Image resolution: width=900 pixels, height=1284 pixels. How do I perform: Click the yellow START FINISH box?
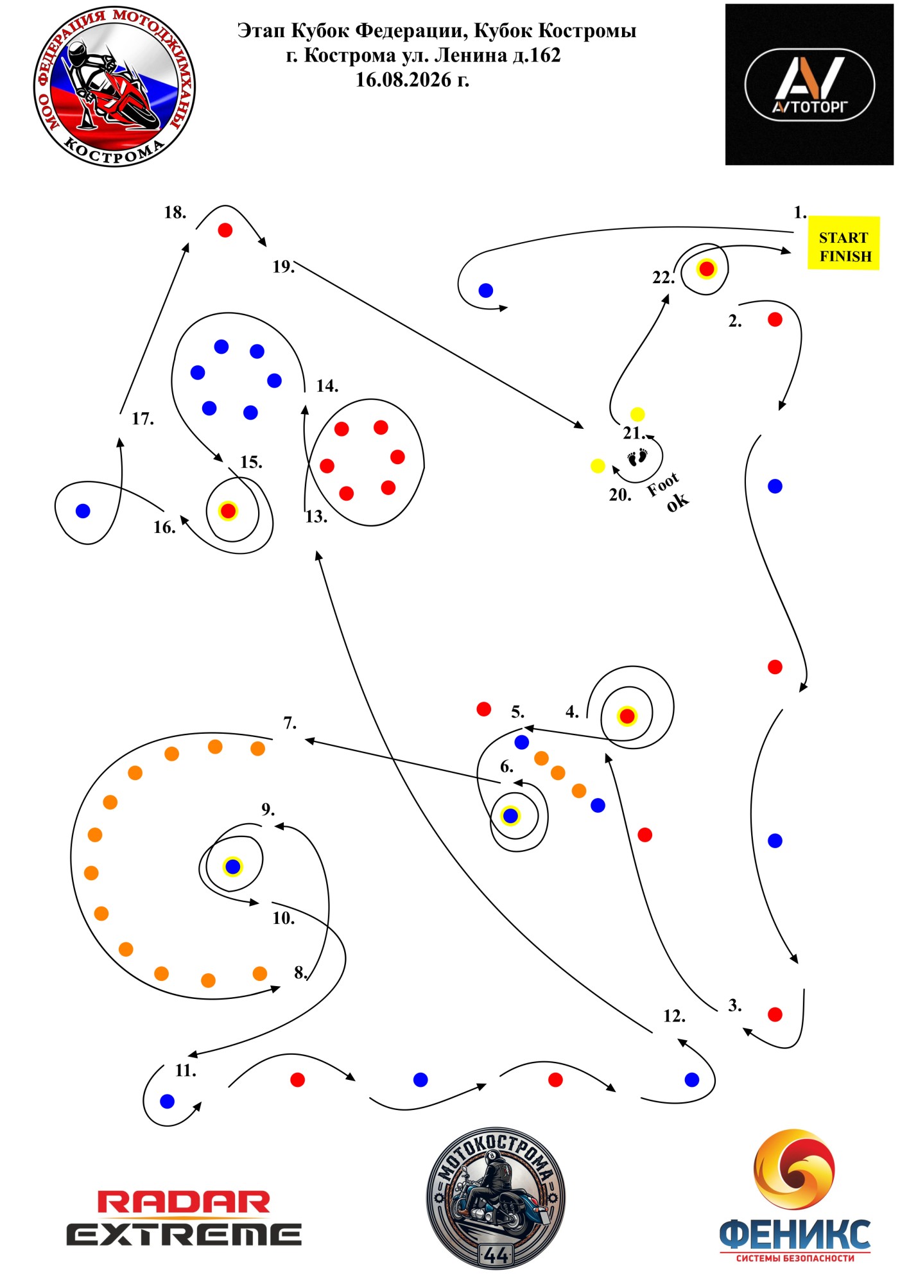tap(843, 243)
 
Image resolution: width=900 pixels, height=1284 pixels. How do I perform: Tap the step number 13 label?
tap(316, 517)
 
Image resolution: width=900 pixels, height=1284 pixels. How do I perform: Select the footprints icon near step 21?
tap(637, 457)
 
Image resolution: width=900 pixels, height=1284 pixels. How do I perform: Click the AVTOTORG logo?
tap(809, 84)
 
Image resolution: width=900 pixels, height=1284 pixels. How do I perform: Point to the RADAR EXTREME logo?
tap(184, 1218)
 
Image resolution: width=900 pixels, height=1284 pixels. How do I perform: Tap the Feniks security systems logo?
tap(795, 1195)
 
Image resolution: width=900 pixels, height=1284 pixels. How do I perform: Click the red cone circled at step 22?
tap(706, 268)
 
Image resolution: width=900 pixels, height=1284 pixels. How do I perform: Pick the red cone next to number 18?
tap(225, 230)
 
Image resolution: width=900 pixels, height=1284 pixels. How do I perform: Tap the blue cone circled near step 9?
tap(232, 867)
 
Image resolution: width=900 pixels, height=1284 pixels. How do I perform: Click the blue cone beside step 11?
tap(167, 1101)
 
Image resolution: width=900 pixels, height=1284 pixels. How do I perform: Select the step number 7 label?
tap(290, 724)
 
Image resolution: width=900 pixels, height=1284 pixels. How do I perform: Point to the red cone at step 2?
tap(775, 319)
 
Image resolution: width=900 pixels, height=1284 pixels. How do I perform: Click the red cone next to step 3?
tap(775, 1014)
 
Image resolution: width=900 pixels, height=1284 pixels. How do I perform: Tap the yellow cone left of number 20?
tap(598, 465)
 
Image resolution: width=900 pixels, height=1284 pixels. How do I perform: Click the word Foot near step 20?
tap(662, 485)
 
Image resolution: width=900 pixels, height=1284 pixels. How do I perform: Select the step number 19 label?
tap(283, 267)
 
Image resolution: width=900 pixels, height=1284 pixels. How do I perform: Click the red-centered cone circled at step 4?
tap(627, 716)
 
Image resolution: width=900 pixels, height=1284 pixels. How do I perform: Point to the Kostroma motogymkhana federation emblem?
tap(114, 86)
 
